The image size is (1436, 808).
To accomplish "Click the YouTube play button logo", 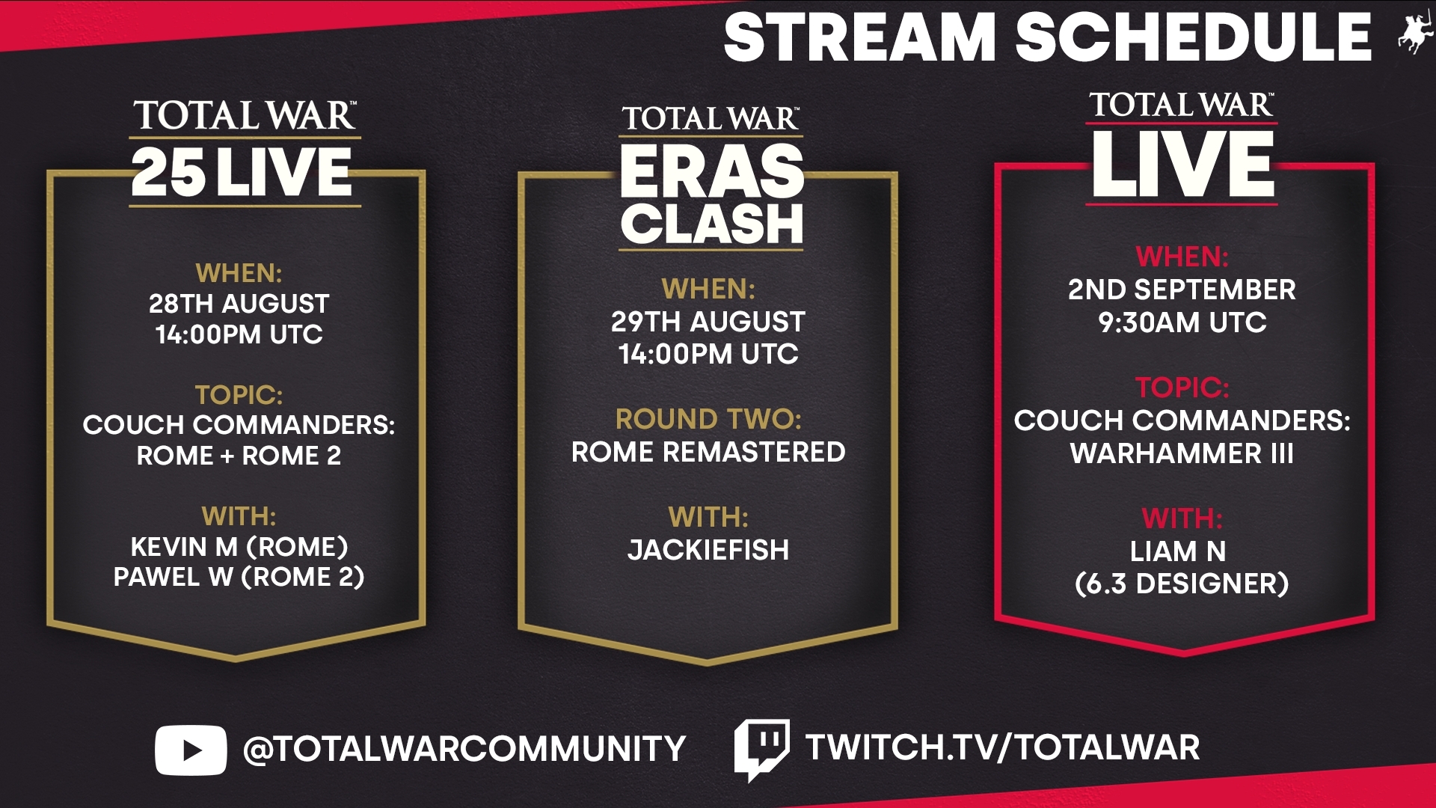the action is point(191,750).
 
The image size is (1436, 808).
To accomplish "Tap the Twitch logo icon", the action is point(761,750).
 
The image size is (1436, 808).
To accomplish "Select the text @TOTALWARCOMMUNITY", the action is point(464,749).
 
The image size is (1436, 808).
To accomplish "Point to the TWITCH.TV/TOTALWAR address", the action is point(1002,747).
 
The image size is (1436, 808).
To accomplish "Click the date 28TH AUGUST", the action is point(239,304).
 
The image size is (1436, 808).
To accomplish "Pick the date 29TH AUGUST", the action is point(708,322).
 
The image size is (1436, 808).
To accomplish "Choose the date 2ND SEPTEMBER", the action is point(1182,290).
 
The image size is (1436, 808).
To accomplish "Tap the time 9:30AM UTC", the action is point(1182,322).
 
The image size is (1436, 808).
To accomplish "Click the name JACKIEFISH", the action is point(708,550).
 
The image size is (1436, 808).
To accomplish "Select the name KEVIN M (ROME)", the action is point(239,547).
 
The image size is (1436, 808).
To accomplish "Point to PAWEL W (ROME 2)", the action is point(239,577).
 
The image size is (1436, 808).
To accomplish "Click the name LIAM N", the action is point(1178,551).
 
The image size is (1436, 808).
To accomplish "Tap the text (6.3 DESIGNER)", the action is point(1182,584).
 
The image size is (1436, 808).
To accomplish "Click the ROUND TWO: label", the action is point(708,419).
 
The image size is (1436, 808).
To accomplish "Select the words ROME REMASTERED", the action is point(708,452).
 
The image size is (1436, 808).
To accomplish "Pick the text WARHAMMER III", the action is point(1182,453).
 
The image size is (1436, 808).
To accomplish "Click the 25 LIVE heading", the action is point(242,172).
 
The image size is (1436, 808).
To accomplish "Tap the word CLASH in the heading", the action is point(711,223).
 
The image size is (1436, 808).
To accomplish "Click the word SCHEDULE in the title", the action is point(1193,37).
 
